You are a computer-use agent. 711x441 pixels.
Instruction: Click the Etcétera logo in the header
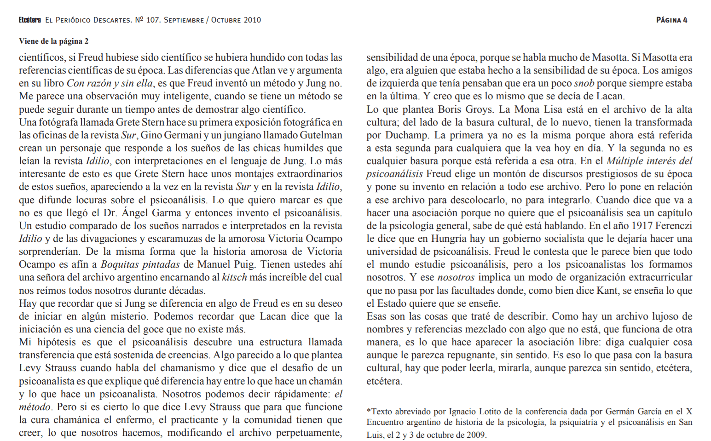tap(29, 20)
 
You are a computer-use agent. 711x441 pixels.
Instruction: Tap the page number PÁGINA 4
tap(671, 20)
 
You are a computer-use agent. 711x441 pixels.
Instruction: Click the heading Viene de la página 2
tap(53, 41)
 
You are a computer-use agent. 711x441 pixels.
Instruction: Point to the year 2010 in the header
tap(252, 20)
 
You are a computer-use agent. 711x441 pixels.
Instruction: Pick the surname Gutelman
tap(321, 135)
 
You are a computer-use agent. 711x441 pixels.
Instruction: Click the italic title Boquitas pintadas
tap(140, 264)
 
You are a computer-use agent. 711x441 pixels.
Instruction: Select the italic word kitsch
tap(234, 277)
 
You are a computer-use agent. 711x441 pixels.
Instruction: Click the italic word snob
tap(584, 83)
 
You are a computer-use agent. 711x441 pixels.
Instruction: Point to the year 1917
tap(642, 226)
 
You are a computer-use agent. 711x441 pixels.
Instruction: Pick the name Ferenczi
tap(674, 226)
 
